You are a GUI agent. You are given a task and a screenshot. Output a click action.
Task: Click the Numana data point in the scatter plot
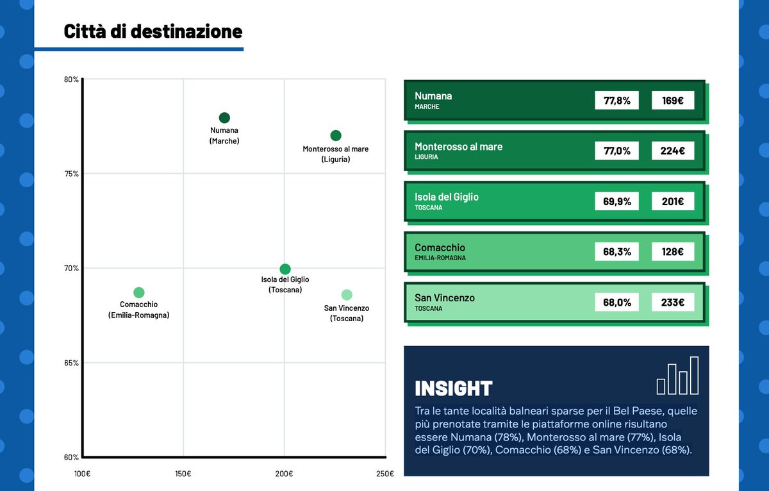[x=224, y=118]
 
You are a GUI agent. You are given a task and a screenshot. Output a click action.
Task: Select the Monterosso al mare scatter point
[x=336, y=135]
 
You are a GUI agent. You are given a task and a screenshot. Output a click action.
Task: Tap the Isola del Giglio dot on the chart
[x=285, y=269]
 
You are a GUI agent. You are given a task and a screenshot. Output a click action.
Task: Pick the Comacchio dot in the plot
[x=138, y=292]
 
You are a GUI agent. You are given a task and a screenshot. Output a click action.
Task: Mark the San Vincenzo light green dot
[x=347, y=295]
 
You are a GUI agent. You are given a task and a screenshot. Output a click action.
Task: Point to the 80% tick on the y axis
[x=71, y=79]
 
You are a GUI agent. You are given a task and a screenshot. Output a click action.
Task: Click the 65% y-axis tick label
[x=71, y=363]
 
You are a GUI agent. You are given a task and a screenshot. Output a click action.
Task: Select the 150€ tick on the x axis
[x=183, y=474]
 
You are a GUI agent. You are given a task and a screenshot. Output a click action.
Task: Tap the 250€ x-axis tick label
[x=384, y=474]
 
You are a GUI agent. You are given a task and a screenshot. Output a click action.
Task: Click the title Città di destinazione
[x=153, y=31]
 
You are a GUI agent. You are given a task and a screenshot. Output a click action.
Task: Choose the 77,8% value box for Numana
[x=616, y=101]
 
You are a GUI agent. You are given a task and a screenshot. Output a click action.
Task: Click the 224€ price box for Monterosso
[x=672, y=151]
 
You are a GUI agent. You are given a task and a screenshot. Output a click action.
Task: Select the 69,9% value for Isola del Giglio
[x=616, y=201]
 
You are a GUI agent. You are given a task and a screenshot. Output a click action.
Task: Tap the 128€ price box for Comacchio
[x=672, y=252]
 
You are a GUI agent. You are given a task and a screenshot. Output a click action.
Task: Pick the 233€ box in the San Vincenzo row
[x=672, y=302]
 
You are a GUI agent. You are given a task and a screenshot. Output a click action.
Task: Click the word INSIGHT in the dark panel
[x=453, y=388]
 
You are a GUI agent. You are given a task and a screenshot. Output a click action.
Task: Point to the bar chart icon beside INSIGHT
[x=677, y=376]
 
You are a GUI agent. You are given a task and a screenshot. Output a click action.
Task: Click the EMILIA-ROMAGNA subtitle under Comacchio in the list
[x=440, y=258]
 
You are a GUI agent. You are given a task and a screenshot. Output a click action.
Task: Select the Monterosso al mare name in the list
[x=458, y=147]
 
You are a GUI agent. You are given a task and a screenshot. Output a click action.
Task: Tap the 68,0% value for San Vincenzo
[x=616, y=302]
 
